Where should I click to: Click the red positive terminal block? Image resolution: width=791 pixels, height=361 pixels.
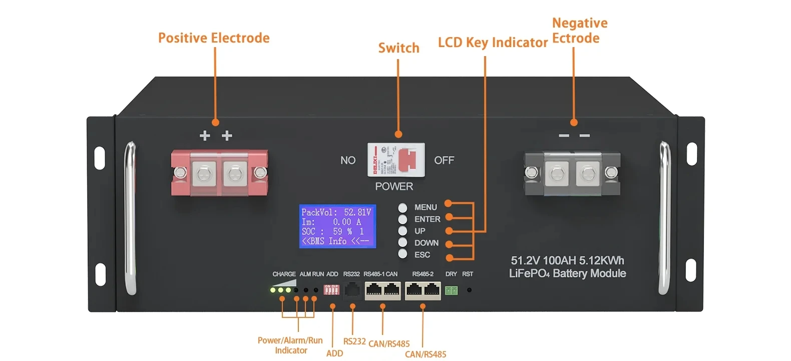(x=219, y=173)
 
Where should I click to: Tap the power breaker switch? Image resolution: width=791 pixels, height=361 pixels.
(x=396, y=160)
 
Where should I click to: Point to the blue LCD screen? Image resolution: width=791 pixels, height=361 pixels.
(x=337, y=226)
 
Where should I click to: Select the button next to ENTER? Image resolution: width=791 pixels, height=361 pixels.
(x=403, y=219)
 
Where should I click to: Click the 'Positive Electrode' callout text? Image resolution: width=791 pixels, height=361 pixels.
(x=214, y=38)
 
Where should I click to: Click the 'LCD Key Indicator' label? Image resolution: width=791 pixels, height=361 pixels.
(x=493, y=43)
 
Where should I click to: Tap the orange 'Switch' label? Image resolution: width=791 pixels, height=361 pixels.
(x=399, y=48)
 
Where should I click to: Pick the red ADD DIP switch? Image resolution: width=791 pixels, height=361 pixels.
(x=331, y=290)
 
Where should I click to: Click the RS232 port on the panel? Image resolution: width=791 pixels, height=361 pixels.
(x=352, y=290)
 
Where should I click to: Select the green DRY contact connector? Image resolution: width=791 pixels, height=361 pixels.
(x=451, y=290)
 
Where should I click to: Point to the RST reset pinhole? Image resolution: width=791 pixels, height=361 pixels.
(x=469, y=290)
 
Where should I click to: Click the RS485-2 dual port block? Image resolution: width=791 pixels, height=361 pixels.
(x=423, y=290)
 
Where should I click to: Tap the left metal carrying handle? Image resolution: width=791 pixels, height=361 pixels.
(x=130, y=218)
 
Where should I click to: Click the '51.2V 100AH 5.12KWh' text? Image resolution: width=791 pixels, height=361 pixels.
(x=567, y=260)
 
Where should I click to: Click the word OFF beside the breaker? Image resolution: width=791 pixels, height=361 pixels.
(x=444, y=160)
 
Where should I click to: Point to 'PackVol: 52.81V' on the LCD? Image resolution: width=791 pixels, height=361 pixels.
(x=336, y=212)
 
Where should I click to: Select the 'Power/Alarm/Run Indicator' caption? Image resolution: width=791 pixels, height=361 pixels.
(x=290, y=345)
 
